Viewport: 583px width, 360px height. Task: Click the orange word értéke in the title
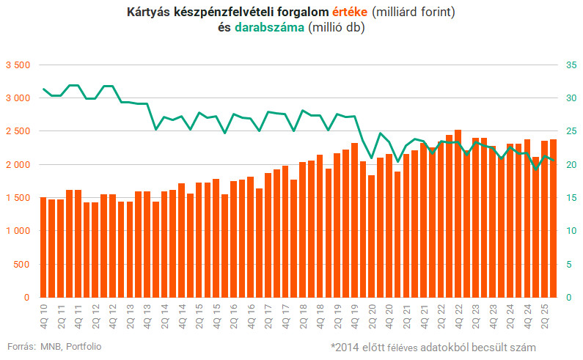(x=350, y=13)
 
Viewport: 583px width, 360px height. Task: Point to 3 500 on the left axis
(x=17, y=65)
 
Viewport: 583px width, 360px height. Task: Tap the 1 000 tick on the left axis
(x=17, y=231)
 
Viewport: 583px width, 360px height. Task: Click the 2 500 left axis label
(x=17, y=131)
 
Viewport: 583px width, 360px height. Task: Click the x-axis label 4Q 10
(x=43, y=315)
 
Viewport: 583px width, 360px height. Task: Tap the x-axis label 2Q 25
(x=544, y=315)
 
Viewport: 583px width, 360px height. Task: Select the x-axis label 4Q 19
(x=355, y=315)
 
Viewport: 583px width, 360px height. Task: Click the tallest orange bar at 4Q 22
(x=458, y=213)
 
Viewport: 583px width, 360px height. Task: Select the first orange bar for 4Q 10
(x=43, y=247)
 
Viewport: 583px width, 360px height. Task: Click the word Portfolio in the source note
(x=84, y=346)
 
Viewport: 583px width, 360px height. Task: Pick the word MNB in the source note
(x=51, y=346)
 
